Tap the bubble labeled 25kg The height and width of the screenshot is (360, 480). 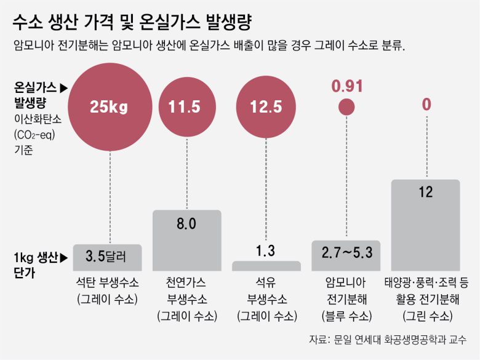click(x=109, y=106)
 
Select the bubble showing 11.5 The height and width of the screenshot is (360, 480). click(x=185, y=106)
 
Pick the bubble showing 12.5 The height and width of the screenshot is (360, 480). click(x=266, y=106)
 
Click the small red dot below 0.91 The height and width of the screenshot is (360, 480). click(x=347, y=106)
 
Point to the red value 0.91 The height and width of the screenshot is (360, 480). click(x=347, y=86)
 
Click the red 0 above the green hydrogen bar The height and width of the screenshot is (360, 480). click(x=426, y=105)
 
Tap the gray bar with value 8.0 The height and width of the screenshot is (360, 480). click(x=186, y=240)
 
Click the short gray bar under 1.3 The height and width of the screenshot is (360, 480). click(x=266, y=266)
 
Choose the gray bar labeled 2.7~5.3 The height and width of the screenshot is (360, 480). click(x=346, y=256)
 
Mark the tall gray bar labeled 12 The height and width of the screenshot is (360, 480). click(x=425, y=225)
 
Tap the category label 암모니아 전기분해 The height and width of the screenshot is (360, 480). click(x=346, y=292)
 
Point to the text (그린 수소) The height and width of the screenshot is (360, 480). click(x=425, y=316)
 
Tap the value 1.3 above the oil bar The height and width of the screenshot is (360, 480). click(x=266, y=250)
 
